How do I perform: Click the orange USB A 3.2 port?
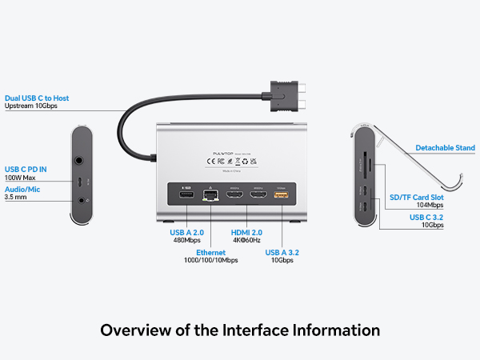281,195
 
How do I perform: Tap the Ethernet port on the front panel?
211,196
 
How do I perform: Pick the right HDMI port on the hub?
258,195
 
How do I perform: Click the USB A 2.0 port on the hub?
186,195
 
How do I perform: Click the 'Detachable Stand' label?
445,148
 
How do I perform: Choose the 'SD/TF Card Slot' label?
416,197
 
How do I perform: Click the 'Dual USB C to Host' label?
37,98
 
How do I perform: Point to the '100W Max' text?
21,178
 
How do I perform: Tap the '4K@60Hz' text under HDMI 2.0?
246,240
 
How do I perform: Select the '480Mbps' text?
187,240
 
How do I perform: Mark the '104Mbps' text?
430,206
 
